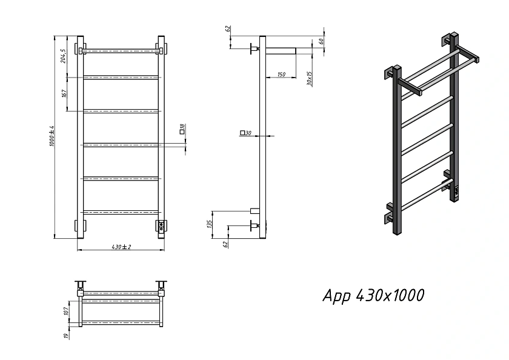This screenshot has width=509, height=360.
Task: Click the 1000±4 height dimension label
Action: tap(52, 136)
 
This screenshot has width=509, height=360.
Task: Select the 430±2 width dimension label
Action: tap(121, 247)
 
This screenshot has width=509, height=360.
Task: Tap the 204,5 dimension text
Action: tap(63, 56)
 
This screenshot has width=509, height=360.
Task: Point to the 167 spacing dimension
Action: tap(64, 93)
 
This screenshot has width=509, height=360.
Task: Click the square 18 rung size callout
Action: tap(182, 129)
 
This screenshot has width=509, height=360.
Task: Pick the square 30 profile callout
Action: tap(246, 133)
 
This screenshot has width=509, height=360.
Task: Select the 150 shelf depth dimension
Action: tap(281, 75)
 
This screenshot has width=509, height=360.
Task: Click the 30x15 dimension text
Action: tap(310, 79)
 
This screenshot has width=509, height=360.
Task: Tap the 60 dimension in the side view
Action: tap(321, 41)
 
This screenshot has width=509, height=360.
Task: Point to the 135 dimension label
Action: tap(210, 224)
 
